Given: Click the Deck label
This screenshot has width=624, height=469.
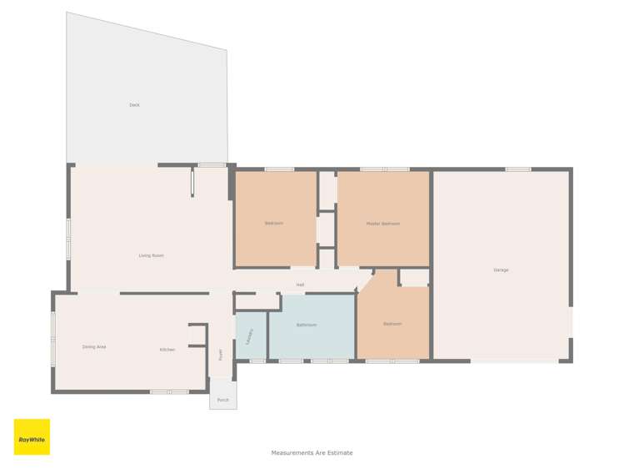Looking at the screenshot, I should tap(134, 105).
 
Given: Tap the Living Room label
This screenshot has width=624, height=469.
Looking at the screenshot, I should tap(151, 255).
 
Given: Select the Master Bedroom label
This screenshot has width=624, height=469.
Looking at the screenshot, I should tap(383, 224).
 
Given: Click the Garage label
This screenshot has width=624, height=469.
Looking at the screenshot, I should tap(501, 270).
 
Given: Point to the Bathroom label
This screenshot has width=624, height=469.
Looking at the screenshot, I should tap(306, 325).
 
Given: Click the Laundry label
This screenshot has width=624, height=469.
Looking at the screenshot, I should tap(250, 335).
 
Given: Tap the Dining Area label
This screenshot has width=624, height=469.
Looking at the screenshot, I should tap(94, 346).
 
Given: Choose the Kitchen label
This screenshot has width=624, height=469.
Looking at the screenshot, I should tap(167, 350).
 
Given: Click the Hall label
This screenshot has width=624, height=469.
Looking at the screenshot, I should tap(300, 285).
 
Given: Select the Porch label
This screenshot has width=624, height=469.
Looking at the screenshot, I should tap(222, 400).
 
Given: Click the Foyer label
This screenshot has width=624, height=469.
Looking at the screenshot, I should tap(221, 354).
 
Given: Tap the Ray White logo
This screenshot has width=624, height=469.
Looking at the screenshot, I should tap(32, 437).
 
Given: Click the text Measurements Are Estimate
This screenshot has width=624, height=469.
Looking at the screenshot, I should tap(312, 453).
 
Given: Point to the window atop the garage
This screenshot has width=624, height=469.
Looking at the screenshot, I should tap(518, 169).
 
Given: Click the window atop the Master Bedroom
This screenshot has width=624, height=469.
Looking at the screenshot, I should tap(384, 169).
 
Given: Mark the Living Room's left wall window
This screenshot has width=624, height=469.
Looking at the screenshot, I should tap(69, 240).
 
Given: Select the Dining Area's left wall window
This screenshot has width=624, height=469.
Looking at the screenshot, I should tap(53, 339).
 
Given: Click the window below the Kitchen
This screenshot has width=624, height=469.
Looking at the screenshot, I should tap(169, 391).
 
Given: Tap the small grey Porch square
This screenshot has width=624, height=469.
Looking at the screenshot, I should tap(222, 394).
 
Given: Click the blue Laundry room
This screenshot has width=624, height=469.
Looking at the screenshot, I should tap(250, 335).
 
